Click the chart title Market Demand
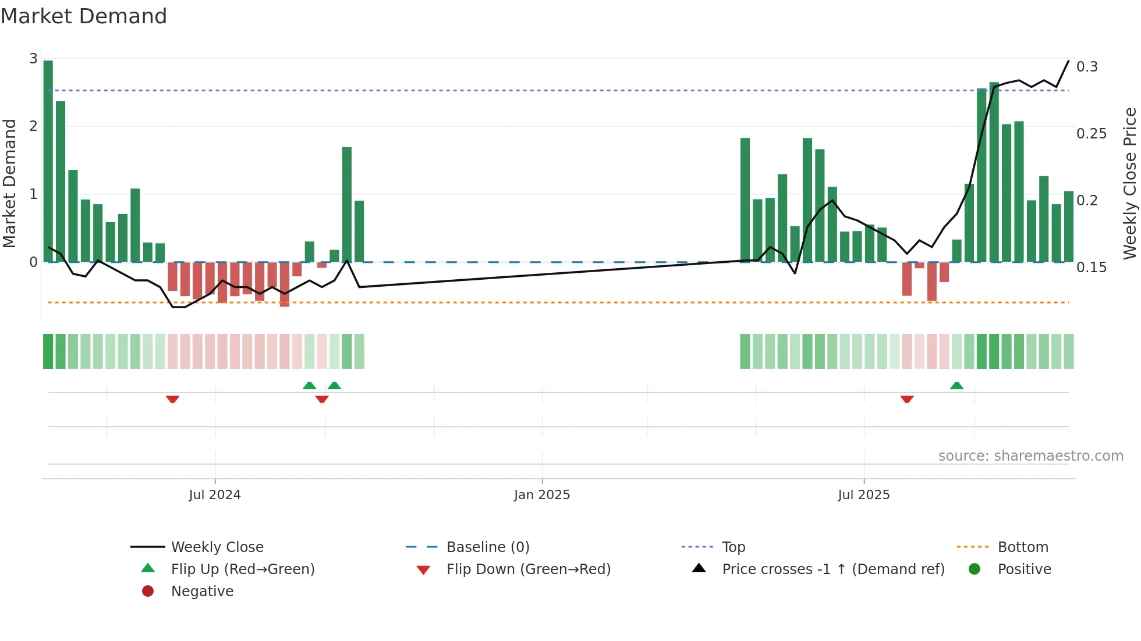tap(84, 16)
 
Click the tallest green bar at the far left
tap(48, 161)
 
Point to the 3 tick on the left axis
tap(33, 59)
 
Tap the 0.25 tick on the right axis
tap(1091, 134)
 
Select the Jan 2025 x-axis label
tap(541, 495)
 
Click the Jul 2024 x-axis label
tap(214, 495)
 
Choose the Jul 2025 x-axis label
tap(863, 495)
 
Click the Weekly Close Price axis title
tap(1129, 183)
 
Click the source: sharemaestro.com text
tap(1030, 456)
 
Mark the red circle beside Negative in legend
tap(148, 592)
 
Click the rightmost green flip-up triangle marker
tap(956, 386)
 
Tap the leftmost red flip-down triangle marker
tap(172, 399)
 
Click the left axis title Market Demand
tap(9, 183)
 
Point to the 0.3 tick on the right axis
tap(1086, 67)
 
